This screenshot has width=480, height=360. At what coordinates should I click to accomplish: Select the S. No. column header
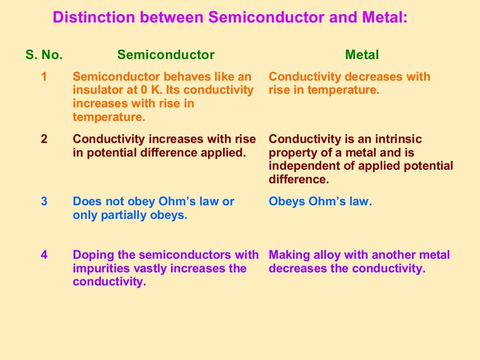pos(44,55)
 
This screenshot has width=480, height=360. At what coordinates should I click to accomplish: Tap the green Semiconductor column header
pos(166,55)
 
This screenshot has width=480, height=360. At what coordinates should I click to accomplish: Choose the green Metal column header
pos(362,55)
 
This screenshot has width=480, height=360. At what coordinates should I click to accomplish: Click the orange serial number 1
pos(44,76)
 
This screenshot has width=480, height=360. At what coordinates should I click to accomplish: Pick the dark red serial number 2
pos(44,139)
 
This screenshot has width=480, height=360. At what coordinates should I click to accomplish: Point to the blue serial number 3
pos(44,202)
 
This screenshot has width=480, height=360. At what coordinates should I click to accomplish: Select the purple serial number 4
pos(44,255)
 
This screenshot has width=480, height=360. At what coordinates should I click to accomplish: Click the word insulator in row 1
pos(96,90)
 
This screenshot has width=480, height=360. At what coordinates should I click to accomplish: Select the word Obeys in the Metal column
pos(287,202)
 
